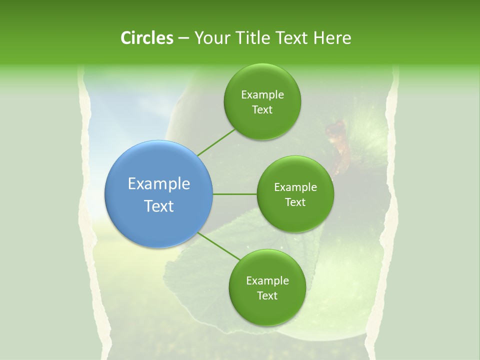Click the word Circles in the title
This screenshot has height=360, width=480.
[x=147, y=38]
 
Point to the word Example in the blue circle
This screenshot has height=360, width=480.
[x=159, y=184]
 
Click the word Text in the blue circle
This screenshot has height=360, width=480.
[x=159, y=206]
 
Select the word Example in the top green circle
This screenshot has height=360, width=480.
[x=262, y=95]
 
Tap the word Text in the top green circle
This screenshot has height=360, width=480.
[x=262, y=110]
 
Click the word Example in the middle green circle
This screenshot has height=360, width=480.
[x=295, y=187]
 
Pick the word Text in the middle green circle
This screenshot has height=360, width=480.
[x=295, y=202]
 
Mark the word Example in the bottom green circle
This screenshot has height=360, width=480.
[x=267, y=281]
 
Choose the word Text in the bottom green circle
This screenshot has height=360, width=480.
[x=267, y=296]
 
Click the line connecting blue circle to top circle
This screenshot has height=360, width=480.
[x=216, y=141]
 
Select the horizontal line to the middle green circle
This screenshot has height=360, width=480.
[x=235, y=194]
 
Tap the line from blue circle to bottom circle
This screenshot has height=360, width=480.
[x=218, y=246]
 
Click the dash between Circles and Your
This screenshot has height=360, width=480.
[x=183, y=38]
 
